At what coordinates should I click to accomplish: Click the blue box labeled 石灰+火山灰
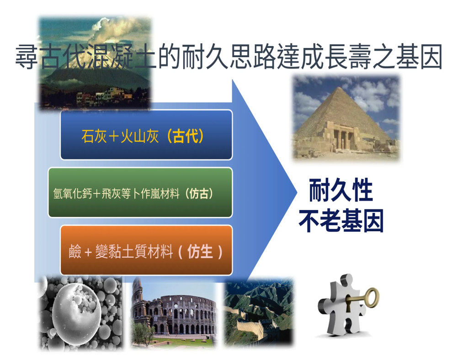tap(146, 135)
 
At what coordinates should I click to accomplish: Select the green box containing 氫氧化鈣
tap(140, 192)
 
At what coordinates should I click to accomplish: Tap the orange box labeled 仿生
tap(146, 250)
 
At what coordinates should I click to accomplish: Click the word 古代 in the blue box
tap(185, 136)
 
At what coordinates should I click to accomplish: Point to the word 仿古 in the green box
tap(199, 193)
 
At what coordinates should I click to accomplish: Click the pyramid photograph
tap(346, 118)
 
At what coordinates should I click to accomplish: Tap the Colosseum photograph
tap(174, 312)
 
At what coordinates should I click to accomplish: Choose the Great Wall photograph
tap(259, 312)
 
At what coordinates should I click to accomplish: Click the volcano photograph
tap(95, 63)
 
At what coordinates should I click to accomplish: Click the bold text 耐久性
tap(341, 190)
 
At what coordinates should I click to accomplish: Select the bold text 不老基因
tap(341, 221)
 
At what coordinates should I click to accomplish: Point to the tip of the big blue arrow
tap(297, 192)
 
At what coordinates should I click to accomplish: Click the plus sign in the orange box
tap(88, 252)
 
